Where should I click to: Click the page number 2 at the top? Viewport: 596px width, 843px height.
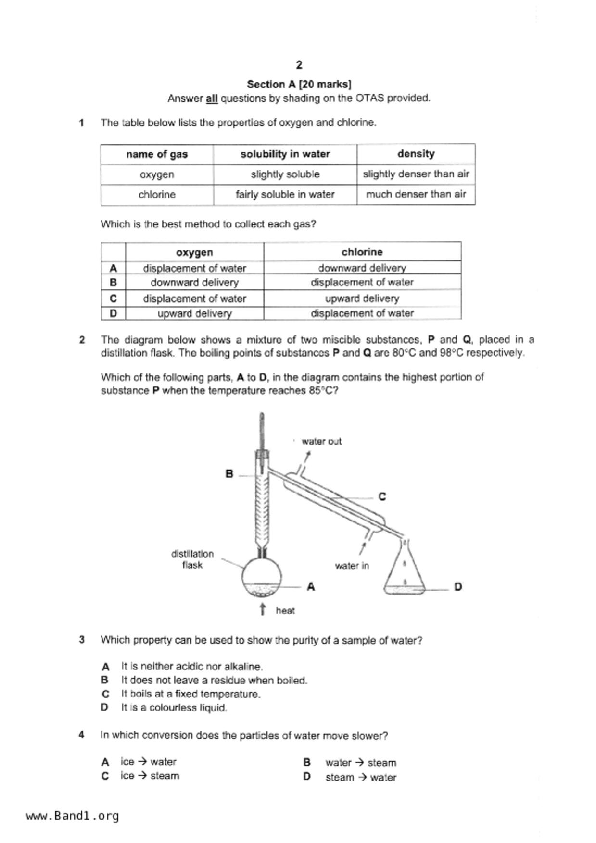coord(299,65)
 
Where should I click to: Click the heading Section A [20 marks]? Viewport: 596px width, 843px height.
coord(299,84)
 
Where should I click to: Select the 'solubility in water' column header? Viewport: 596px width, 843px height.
coord(285,154)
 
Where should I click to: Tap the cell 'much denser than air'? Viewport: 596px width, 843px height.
coord(416,194)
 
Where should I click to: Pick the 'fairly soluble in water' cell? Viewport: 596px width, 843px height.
coord(285,194)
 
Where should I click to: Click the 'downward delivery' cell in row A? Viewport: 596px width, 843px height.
coord(362,268)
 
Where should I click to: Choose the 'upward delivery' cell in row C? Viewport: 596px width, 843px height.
coord(362,298)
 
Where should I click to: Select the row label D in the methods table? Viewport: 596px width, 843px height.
coord(113,313)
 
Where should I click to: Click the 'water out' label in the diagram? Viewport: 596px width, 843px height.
coord(321,441)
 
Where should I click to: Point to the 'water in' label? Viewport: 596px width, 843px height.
coord(352,566)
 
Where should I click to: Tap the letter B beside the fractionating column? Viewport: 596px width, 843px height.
coord(229,474)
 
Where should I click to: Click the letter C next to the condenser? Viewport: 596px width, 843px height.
coord(382,496)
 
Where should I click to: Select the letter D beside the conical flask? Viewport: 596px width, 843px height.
coord(458,586)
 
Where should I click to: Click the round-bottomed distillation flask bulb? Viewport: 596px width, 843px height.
coord(261,577)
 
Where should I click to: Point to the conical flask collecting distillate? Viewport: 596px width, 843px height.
coord(405,572)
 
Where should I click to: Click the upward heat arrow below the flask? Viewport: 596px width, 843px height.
coord(263,609)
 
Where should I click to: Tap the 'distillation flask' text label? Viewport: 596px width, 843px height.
coord(192,559)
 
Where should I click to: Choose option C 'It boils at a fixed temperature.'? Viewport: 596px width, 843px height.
coord(190,694)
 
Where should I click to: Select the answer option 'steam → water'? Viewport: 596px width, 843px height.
coord(361,777)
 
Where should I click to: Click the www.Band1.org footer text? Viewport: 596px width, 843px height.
coord(72,816)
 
